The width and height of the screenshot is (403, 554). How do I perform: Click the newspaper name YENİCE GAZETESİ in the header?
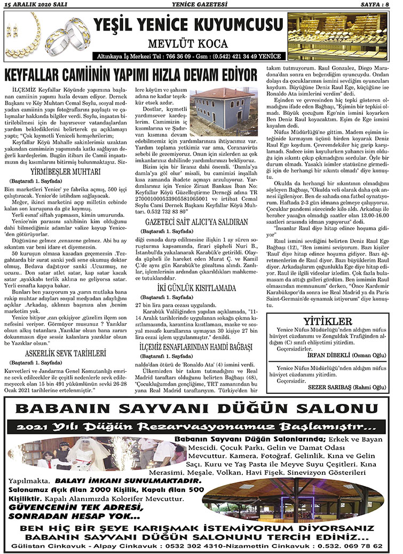coord(201,5)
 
